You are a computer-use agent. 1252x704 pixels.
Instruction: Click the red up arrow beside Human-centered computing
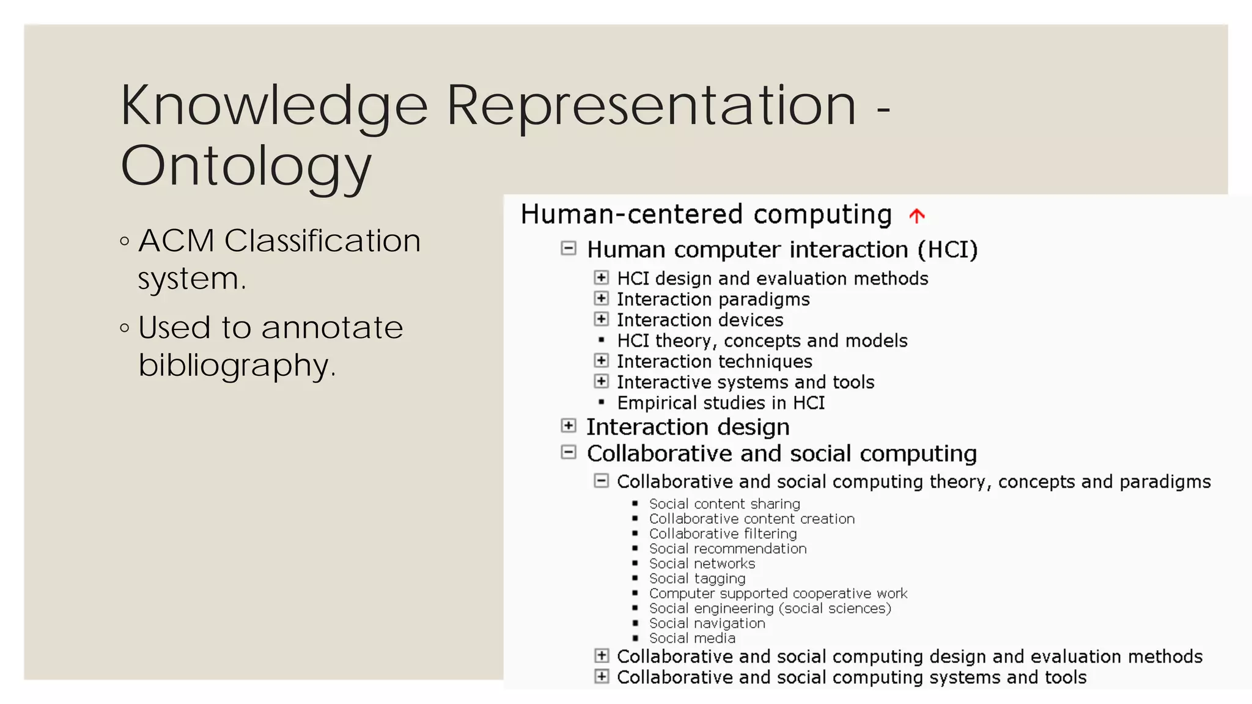[x=916, y=216]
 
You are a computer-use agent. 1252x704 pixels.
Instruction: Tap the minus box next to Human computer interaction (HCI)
[x=569, y=248]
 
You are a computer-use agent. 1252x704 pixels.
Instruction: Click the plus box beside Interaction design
[x=569, y=425]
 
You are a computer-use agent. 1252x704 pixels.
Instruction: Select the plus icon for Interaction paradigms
[x=602, y=298]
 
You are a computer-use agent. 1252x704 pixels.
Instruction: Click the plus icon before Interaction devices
[x=602, y=319]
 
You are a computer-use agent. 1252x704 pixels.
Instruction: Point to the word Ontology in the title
[x=246, y=166]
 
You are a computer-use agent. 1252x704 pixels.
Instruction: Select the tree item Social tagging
[x=697, y=578]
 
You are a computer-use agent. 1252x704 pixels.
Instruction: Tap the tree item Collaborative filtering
[x=723, y=533]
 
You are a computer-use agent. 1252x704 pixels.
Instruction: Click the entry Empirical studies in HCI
[x=721, y=403]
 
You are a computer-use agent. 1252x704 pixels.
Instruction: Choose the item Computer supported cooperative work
[x=778, y=593]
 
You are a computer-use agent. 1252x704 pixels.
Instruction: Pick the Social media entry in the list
[x=692, y=638]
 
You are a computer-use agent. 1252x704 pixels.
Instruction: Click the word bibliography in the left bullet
[x=237, y=365]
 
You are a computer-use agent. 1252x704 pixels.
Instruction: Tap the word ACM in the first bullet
[x=176, y=240]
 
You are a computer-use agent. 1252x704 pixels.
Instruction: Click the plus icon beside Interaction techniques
[x=602, y=361]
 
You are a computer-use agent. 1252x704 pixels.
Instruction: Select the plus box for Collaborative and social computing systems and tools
[x=602, y=676]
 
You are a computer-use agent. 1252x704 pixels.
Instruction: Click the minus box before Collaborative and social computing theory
[x=602, y=481]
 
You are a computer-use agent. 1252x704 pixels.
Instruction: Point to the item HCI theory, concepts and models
[x=762, y=340]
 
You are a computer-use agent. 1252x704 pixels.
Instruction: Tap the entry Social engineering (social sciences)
[x=770, y=608]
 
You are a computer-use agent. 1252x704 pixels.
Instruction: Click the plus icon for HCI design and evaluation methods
[x=602, y=277]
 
